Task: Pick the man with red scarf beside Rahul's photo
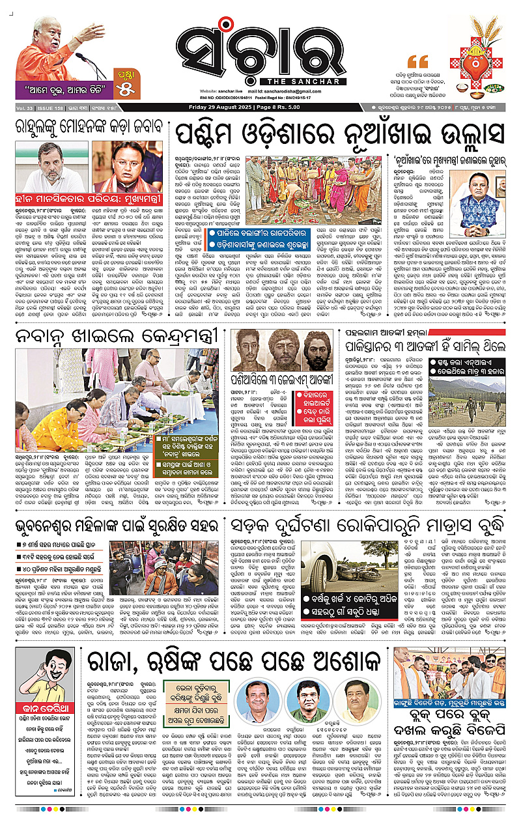[x=128, y=170]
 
